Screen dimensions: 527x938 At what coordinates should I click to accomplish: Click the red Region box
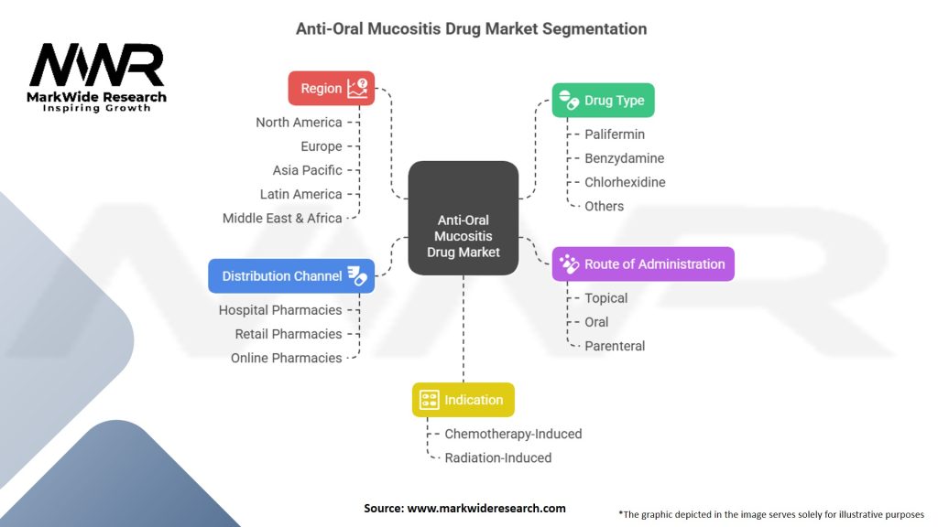pos(331,89)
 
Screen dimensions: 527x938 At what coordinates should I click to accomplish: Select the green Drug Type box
pos(603,101)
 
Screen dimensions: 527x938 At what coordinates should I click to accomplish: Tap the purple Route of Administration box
pos(643,264)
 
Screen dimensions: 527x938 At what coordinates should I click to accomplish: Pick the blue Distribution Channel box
pos(291,276)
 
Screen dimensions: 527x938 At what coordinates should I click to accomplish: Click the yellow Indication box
pos(463,400)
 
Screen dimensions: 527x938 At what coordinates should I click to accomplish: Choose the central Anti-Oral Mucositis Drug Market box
pos(463,218)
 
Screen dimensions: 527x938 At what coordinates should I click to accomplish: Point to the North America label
pos(299,123)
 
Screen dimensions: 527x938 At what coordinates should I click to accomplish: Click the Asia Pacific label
pos(307,170)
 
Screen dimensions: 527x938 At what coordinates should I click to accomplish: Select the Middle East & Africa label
pos(282,219)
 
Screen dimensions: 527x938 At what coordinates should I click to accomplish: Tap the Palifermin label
pos(615,134)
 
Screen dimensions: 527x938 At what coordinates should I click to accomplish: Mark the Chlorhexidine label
pos(625,182)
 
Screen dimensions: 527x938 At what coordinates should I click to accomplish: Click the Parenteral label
pos(615,346)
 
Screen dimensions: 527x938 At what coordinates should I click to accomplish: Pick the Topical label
pos(606,298)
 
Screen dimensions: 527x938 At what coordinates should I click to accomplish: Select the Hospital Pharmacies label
pos(280,310)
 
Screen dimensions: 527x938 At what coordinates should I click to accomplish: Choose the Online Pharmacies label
pos(286,358)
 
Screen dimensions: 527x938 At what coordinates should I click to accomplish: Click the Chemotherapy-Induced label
pos(513,434)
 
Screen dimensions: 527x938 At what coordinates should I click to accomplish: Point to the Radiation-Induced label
pos(497,457)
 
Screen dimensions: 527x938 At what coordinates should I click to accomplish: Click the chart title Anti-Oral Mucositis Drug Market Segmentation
pos(471,29)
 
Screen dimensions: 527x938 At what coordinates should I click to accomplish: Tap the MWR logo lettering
pos(97,66)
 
